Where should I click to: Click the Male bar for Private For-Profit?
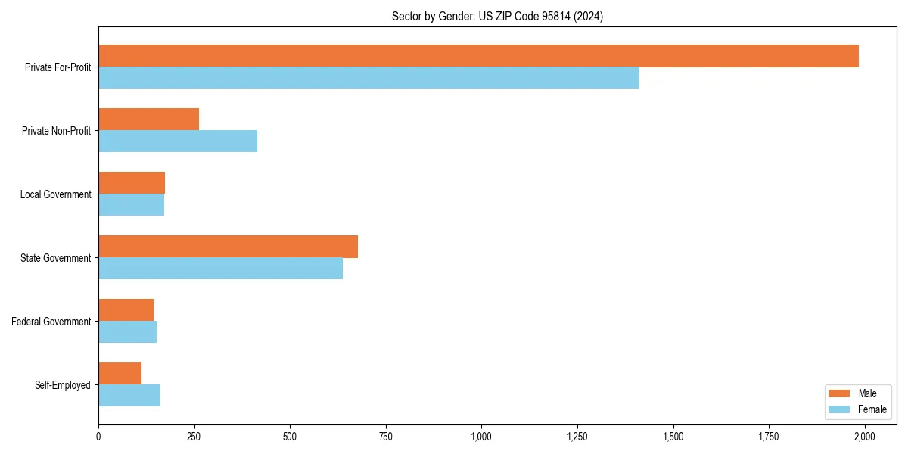(x=478, y=56)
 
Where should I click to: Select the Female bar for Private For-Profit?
(x=368, y=78)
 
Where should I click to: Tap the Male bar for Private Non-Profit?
(x=148, y=120)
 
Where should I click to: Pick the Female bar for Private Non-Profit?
(x=178, y=141)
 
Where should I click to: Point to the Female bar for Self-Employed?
(x=129, y=396)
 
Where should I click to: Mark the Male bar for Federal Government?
(x=126, y=310)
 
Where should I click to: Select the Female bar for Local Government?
(x=131, y=205)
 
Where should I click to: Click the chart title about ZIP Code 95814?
(x=497, y=16)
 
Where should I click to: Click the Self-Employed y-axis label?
(x=63, y=385)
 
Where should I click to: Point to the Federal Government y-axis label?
(x=51, y=322)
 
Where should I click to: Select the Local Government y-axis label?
(x=56, y=194)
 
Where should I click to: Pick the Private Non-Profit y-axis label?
(x=57, y=131)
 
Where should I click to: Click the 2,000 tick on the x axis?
(x=864, y=436)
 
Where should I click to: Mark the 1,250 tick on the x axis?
(x=577, y=436)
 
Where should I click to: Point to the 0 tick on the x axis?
(x=98, y=436)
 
